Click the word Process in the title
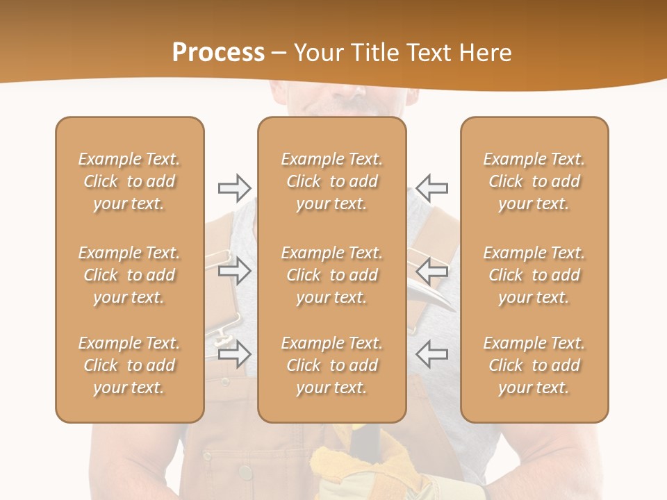(x=218, y=53)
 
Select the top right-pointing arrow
(x=234, y=187)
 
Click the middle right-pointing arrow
(x=234, y=271)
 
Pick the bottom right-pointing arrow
(x=234, y=354)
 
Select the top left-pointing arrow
(x=432, y=187)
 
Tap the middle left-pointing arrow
(x=432, y=271)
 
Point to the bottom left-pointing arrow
(x=432, y=354)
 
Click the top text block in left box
(x=129, y=181)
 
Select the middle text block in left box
(x=129, y=275)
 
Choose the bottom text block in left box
(x=129, y=365)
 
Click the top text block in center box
(x=331, y=181)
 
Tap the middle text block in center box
(x=331, y=275)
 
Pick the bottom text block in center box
(x=331, y=365)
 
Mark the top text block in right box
(x=534, y=181)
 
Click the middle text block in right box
(x=534, y=275)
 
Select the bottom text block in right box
(x=534, y=365)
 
